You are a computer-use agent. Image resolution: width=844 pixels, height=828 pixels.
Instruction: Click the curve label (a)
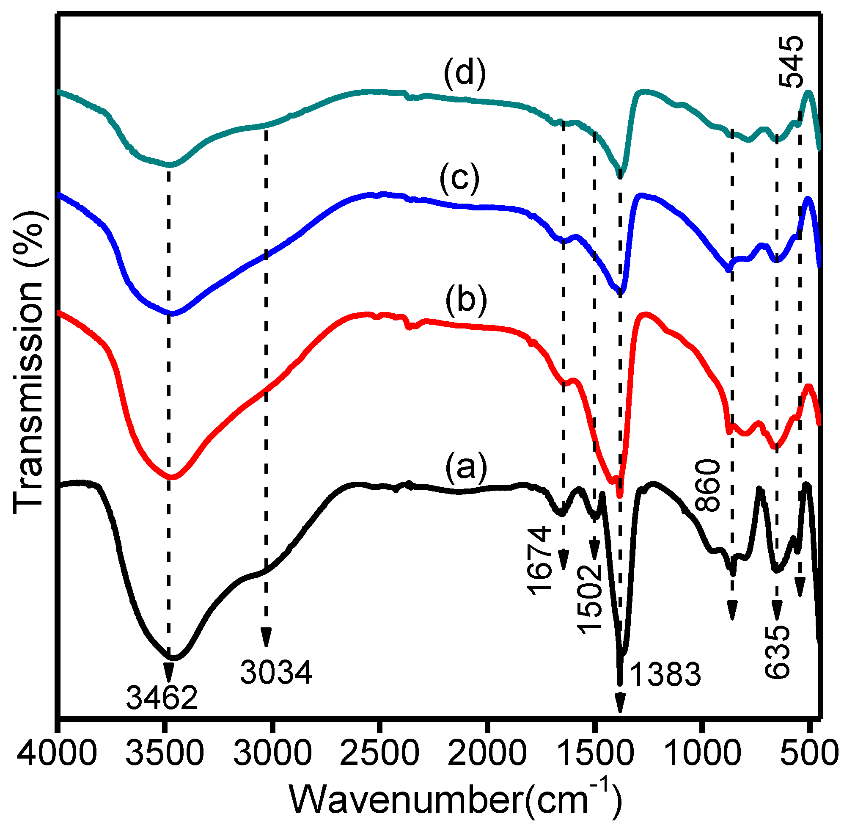coord(466,467)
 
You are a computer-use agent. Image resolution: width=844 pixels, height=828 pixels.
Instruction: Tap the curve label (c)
coord(459,178)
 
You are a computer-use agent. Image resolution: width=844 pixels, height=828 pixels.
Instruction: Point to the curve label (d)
coord(465,74)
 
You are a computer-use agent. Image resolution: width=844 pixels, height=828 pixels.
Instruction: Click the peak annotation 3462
coord(162,697)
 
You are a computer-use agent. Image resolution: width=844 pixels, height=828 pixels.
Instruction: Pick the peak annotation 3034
coord(276,672)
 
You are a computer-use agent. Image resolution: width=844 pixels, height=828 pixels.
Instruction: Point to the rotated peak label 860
coord(708,485)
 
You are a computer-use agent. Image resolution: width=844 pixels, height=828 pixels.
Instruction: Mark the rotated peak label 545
coord(791,62)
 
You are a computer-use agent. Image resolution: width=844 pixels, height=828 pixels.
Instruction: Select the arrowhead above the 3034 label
coord(266,638)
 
